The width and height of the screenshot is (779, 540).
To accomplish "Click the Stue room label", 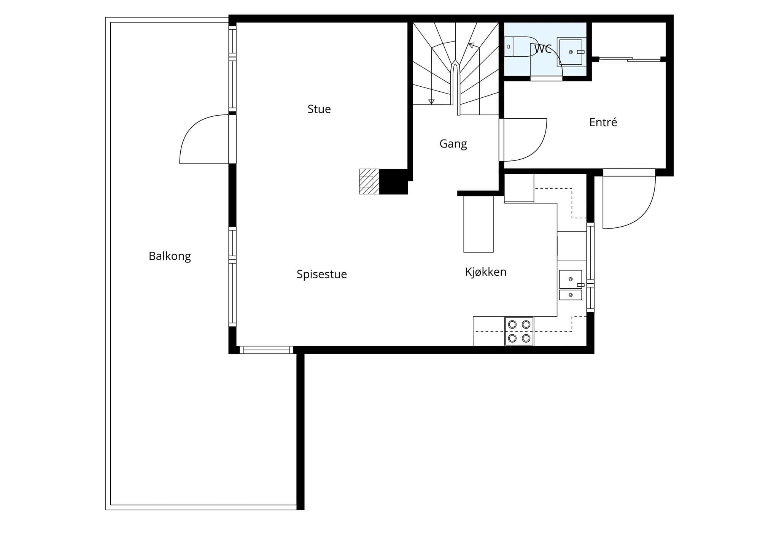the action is [319, 109].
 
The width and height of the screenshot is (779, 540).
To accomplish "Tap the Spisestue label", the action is [322, 274].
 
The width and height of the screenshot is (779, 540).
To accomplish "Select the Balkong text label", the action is [170, 256].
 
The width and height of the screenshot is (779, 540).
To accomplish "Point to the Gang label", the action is [453, 144].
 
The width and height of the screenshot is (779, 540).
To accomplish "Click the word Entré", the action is [603, 122].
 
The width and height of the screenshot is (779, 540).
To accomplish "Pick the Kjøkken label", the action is [486, 272].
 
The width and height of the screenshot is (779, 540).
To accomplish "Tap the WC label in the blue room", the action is [543, 49].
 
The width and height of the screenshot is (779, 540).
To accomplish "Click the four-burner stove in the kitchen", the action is [519, 331].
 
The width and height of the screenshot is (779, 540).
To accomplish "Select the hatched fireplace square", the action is [369, 182].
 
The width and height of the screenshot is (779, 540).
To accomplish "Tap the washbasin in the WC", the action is [571, 52].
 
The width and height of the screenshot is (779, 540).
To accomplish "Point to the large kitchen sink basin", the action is [571, 279].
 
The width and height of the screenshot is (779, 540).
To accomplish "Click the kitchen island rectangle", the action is [479, 224].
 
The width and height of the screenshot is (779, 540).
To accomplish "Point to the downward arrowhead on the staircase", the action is [431, 102].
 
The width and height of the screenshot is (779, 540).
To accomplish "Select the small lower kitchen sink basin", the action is [571, 295].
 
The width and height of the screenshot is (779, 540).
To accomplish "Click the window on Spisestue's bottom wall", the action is [266, 350].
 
